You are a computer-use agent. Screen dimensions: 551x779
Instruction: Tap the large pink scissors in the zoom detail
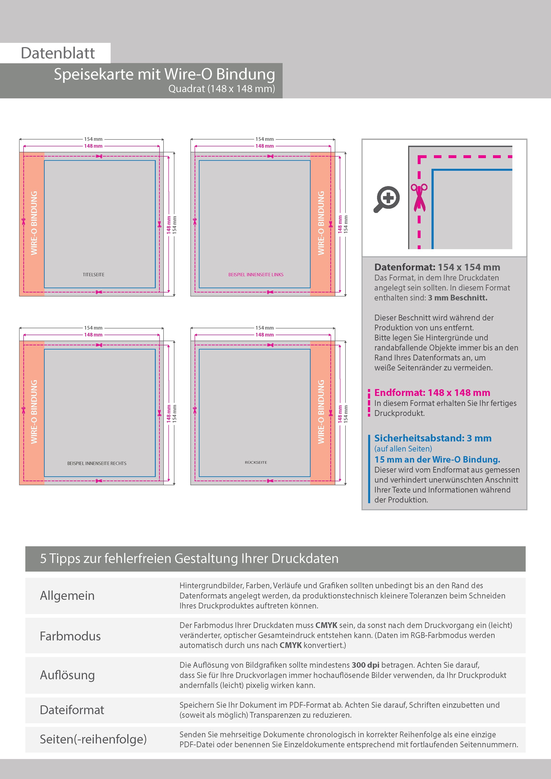pos(419,198)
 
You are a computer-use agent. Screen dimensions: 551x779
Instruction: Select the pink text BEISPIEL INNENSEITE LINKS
pos(256,274)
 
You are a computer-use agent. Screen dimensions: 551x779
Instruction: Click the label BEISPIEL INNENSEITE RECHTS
pos(97,463)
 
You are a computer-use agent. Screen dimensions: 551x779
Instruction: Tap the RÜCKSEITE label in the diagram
pos(256,462)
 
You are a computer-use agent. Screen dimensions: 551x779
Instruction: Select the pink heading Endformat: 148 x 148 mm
pos(432,393)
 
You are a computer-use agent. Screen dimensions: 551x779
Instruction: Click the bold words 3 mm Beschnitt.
pos(458,298)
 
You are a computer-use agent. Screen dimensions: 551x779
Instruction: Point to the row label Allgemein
pos(67,596)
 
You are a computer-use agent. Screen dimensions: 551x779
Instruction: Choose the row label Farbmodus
pos(70,636)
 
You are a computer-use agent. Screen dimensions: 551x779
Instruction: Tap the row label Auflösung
pos(67,675)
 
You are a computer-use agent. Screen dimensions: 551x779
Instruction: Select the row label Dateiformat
pos(72,710)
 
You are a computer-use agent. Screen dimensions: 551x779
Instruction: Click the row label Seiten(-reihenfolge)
pos(93,739)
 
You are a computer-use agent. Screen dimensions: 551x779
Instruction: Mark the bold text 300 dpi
pos(366,665)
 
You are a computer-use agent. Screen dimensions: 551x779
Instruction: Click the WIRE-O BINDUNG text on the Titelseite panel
pos(34,223)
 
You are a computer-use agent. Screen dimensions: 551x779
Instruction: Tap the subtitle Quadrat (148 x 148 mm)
pos(222,89)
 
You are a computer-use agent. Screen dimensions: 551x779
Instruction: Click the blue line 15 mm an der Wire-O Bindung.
pos(437,459)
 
